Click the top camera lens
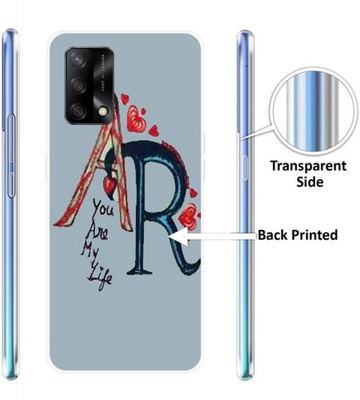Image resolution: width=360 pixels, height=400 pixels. coord(77,60)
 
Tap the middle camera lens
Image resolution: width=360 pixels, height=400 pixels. coord(78,85)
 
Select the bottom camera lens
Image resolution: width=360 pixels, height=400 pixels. coord(78,111)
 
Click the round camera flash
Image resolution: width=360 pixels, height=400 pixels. coord(103,111)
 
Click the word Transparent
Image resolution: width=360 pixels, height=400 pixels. coord(308,166)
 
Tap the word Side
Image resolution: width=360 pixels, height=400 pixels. coord(310,181)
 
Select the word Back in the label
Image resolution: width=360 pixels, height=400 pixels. coord(273,234)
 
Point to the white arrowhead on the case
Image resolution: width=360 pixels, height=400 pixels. coord(178,236)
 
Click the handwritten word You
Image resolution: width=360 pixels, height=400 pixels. coord(103,208)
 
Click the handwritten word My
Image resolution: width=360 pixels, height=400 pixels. coord(90,251)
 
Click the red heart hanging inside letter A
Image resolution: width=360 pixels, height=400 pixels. coord(109,184)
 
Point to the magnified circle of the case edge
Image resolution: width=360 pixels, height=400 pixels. coord(313,111)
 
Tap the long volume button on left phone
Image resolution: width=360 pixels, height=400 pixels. coord(11,156)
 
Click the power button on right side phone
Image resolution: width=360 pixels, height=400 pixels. coord(244,168)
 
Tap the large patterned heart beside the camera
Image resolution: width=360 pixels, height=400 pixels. coord(136,120)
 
